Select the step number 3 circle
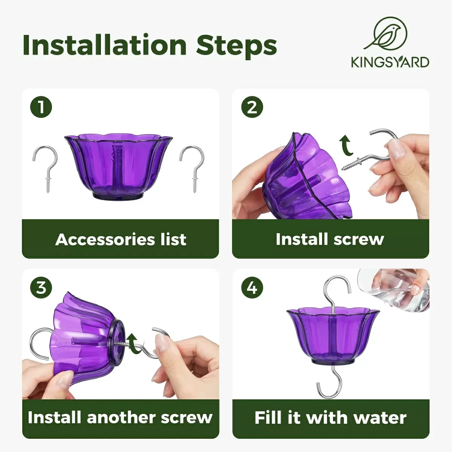(41, 287)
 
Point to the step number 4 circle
(252, 287)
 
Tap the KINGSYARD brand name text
(390, 62)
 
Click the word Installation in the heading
(105, 45)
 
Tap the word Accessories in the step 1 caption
(99, 239)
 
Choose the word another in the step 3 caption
(122, 418)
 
